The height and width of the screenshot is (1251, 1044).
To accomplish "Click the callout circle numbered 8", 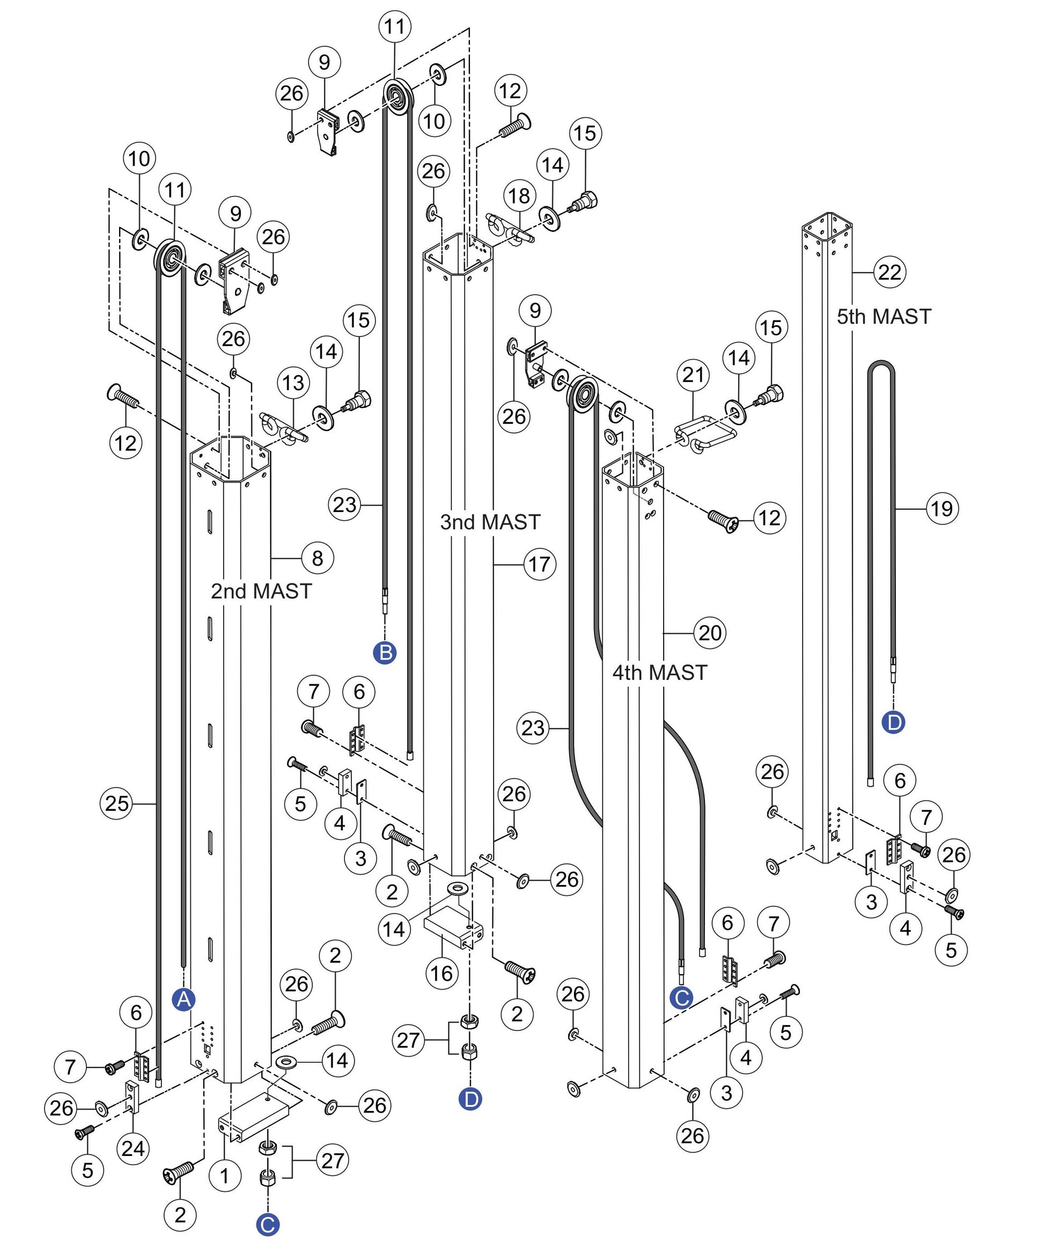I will click(x=318, y=558).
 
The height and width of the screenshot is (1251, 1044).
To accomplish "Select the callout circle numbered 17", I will click(x=540, y=564).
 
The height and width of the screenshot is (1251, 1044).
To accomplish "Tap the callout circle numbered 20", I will click(x=710, y=633).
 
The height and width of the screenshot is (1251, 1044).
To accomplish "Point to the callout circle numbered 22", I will click(x=889, y=272).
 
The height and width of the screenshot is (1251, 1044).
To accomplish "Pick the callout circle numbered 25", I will click(x=117, y=803).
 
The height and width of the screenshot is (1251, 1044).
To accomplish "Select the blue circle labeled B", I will click(x=385, y=653).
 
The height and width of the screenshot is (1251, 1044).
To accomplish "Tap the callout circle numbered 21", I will click(x=693, y=375).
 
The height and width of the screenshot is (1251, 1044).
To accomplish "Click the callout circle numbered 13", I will click(x=293, y=383).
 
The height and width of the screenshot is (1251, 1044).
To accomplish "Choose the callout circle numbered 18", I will click(x=519, y=195).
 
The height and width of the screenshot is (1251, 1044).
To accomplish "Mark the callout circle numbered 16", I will click(x=442, y=974).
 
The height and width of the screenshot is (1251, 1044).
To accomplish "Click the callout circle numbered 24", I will click(x=133, y=1148).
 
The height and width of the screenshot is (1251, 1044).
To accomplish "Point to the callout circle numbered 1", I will click(x=225, y=1176).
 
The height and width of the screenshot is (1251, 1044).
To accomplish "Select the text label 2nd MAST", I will click(x=261, y=591).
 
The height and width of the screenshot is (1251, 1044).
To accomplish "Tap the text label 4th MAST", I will click(x=659, y=672).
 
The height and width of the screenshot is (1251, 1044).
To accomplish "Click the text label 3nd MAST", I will click(x=489, y=522).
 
